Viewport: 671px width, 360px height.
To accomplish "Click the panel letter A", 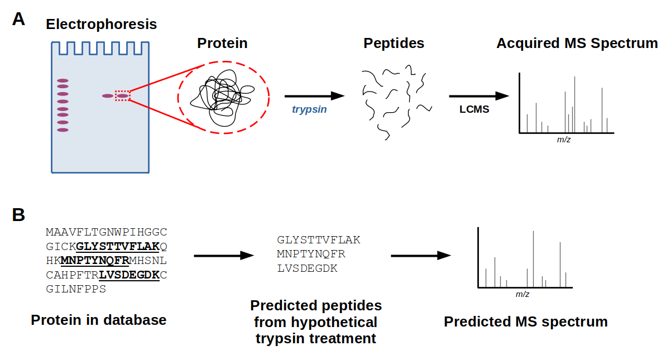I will (x=19, y=19).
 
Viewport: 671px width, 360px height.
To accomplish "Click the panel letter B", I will (x=18, y=215).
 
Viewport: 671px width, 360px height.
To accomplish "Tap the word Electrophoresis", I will (x=101, y=25).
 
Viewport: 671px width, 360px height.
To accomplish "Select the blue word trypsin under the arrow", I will (x=309, y=109).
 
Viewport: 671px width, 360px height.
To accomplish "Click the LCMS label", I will (x=474, y=109).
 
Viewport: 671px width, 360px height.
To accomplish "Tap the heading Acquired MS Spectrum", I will (x=577, y=44).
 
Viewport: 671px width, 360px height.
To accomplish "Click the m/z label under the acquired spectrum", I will (x=564, y=140).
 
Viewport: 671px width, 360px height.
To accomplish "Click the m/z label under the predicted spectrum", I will (x=522, y=294).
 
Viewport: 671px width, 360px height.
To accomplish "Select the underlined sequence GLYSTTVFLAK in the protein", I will (x=118, y=246).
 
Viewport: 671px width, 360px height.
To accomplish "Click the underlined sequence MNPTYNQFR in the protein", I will (x=95, y=260).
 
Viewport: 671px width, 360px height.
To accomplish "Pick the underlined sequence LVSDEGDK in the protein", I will (x=130, y=275).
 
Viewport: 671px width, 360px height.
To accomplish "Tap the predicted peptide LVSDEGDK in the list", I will (x=307, y=268).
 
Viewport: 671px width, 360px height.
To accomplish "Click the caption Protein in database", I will (x=99, y=320).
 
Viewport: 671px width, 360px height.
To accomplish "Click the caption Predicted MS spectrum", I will (x=525, y=321).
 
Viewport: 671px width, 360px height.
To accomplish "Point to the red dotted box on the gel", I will (x=122, y=96).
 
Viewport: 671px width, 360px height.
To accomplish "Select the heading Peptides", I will (x=394, y=44).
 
